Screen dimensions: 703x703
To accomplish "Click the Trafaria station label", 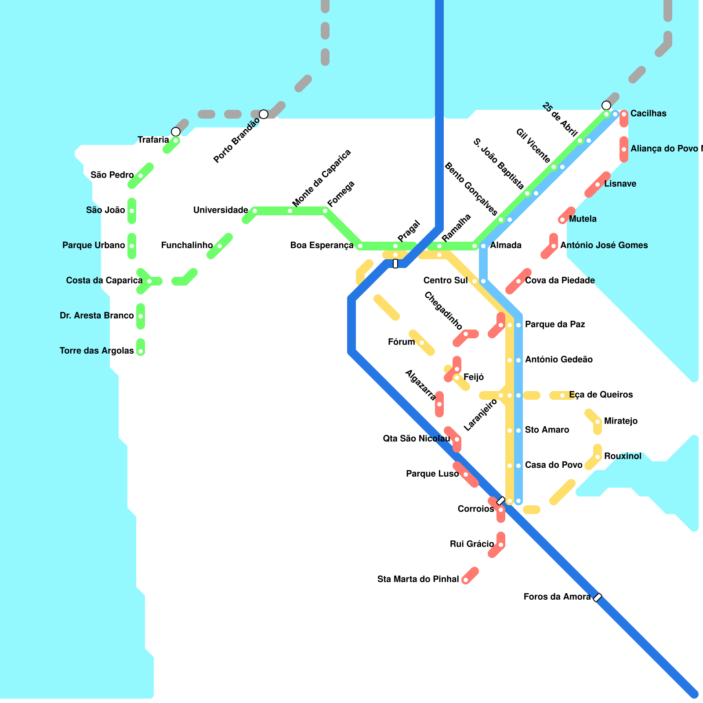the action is click(x=153, y=140).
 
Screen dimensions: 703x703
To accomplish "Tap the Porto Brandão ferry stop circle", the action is click(x=264, y=114).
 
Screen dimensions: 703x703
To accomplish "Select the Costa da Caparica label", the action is click(x=104, y=281).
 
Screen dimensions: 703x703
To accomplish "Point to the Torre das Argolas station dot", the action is click(x=141, y=351).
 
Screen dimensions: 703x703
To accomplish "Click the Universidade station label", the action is click(x=221, y=210).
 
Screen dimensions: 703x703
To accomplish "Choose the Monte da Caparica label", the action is click(x=322, y=178).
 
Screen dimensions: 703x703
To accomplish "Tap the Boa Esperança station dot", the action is click(x=360, y=246).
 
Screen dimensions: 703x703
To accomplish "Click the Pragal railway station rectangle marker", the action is click(x=395, y=264).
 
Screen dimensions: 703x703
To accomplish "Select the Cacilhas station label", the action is click(x=649, y=114).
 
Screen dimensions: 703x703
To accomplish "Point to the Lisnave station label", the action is click(x=620, y=184).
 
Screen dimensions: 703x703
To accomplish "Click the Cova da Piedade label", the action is click(x=560, y=281).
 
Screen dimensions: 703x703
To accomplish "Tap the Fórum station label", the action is click(x=401, y=342).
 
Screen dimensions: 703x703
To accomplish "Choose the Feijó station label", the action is click(x=474, y=377).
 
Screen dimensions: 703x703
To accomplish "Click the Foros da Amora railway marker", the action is click(x=598, y=598).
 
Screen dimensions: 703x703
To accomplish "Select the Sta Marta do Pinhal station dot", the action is click(x=466, y=580).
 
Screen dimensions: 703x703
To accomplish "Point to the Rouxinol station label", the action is click(x=623, y=457).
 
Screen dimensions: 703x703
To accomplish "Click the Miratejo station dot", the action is click(x=598, y=422).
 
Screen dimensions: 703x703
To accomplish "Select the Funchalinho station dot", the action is click(x=220, y=246).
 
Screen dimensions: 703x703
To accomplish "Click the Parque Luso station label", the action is click(x=432, y=474).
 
